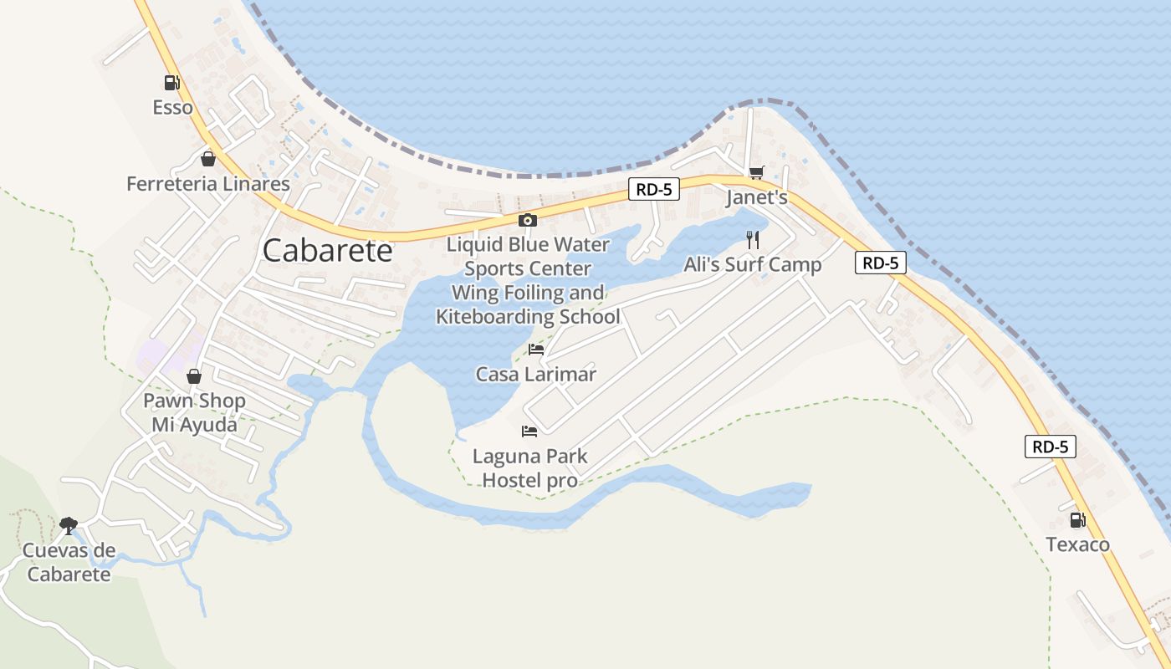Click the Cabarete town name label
click(327, 251)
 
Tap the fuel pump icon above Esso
click(171, 83)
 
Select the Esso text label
click(172, 107)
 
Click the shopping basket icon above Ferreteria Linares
click(208, 159)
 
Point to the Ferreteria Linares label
click(208, 184)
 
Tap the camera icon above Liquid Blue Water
click(528, 220)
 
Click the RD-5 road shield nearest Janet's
click(653, 190)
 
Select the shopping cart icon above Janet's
click(756, 173)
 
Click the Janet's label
click(756, 198)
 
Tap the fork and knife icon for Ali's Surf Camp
click(753, 240)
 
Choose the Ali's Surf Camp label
click(753, 265)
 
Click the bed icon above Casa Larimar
click(536, 349)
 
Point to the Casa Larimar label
click(536, 374)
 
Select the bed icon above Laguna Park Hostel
click(529, 432)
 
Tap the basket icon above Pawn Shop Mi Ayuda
click(194, 376)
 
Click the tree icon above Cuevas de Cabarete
click(69, 525)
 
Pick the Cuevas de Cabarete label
click(69, 562)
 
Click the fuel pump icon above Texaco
click(1078, 520)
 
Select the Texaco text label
click(1078, 545)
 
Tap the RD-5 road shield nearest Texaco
click(1051, 447)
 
